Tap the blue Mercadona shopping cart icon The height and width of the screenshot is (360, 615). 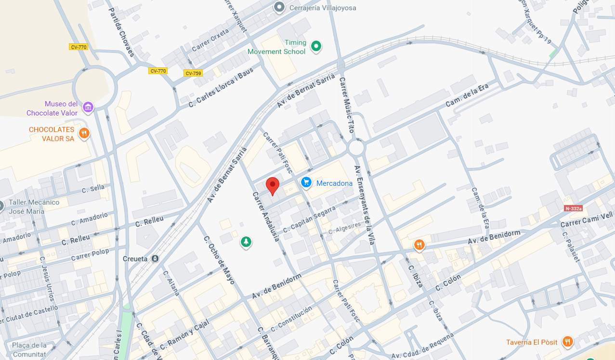click(x=306, y=182)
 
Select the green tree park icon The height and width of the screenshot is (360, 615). click(x=246, y=242)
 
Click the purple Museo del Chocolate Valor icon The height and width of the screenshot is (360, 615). click(x=88, y=107)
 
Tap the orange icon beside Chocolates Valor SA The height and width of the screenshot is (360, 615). click(x=84, y=133)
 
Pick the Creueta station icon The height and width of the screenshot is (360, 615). click(x=155, y=259)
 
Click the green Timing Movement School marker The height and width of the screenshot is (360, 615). click(x=316, y=46)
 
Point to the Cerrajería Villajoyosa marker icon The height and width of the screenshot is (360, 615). click(x=279, y=7)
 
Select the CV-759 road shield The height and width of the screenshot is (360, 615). click(x=193, y=73)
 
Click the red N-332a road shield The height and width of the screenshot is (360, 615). click(x=573, y=208)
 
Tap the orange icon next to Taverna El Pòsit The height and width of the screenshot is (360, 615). click(x=568, y=342)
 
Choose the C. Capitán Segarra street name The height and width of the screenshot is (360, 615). click(x=309, y=219)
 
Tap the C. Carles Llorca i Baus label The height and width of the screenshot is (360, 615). click(x=221, y=87)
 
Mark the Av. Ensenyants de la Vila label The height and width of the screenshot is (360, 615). click(x=364, y=205)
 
